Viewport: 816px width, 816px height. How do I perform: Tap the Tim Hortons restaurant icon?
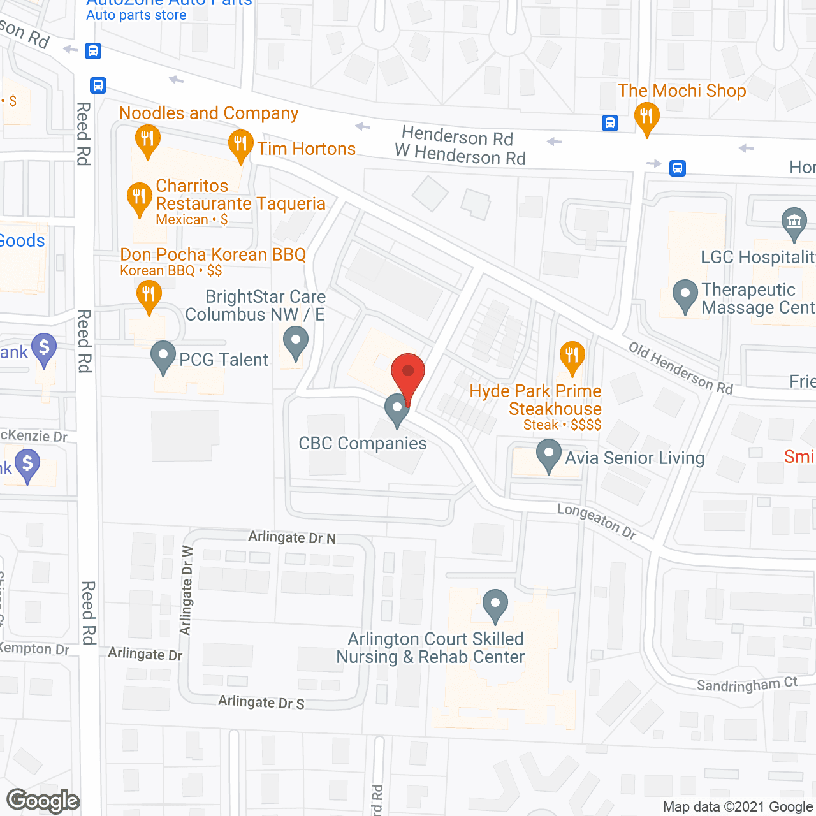pos(240,144)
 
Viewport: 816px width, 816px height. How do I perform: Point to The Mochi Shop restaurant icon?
pos(646,117)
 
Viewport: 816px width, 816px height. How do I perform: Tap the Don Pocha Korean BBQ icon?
pos(149,296)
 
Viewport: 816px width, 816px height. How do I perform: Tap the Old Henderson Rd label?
pos(680,368)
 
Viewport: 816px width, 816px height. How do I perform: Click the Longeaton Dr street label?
pos(597,521)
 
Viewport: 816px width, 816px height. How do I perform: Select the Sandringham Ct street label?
pos(747,685)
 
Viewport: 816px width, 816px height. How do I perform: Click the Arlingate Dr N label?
pos(292,537)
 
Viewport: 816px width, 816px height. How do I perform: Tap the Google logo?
pos(43,801)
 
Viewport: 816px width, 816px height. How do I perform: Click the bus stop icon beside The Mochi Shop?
pos(610,123)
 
